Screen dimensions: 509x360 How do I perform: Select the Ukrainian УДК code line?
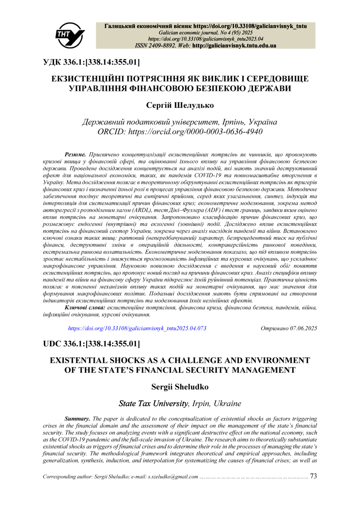[91, 62]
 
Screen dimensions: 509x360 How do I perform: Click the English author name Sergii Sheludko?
[180, 386]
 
